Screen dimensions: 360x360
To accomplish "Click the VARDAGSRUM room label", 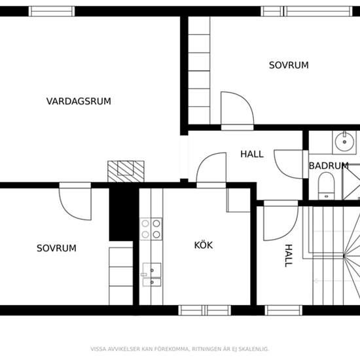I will (x=79, y=101).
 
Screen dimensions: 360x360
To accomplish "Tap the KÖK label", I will (x=204, y=245).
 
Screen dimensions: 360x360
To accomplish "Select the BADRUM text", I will (x=329, y=166).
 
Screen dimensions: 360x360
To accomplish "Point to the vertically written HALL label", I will (x=288, y=255).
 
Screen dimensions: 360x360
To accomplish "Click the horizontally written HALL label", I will (x=251, y=154).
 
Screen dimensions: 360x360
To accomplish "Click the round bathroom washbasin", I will (x=343, y=140).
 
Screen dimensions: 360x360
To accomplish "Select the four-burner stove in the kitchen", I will (x=151, y=229).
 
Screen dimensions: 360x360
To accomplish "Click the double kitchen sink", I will (x=151, y=275).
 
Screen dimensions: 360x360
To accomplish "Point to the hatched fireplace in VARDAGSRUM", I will (x=126, y=171).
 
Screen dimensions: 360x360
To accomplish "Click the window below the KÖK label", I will (x=204, y=310).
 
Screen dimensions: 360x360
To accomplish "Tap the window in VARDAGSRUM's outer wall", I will (x=52, y=11).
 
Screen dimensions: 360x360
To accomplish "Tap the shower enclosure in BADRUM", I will (x=352, y=181).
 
